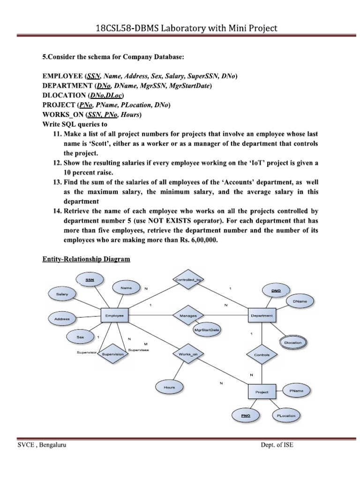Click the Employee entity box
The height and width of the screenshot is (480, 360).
[114, 316]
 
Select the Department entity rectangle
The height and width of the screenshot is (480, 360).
[262, 316]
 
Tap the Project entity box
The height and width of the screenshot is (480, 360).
[262, 391]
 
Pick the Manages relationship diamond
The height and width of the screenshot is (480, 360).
[188, 316]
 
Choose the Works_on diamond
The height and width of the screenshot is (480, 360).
[188, 354]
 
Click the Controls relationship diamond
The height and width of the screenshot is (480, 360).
[262, 355]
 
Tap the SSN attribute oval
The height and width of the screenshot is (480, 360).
[90, 280]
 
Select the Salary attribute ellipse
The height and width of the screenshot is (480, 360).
[62, 294]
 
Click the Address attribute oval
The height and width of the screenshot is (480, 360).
[62, 319]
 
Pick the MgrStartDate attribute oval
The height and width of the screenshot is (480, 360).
[207, 330]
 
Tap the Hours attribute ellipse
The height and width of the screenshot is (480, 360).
[169, 387]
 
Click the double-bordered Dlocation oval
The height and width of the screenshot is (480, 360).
[293, 343]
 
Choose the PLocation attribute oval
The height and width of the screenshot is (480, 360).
[286, 415]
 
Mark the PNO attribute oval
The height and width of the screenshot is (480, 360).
[246, 415]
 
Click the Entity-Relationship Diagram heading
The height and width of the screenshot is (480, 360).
[86, 259]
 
